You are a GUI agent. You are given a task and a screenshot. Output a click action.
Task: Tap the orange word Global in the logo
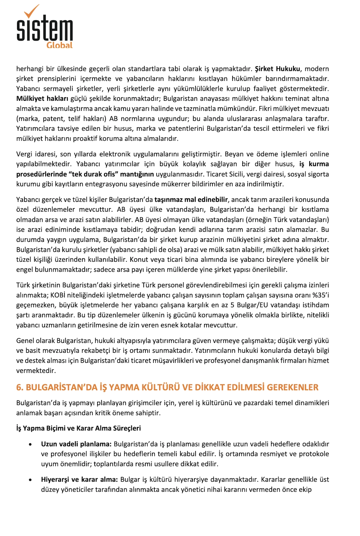point(59,45)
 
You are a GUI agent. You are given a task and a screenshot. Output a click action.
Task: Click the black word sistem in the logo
point(45,29)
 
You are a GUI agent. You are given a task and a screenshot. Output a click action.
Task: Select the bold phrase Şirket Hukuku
point(277,69)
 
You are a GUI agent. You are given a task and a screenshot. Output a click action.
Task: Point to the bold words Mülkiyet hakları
point(42,99)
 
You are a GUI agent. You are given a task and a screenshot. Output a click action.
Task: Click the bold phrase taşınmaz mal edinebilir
point(191,200)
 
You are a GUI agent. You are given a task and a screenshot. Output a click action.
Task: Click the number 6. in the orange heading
point(20,387)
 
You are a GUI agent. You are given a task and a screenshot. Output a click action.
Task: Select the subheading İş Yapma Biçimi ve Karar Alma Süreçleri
point(78,428)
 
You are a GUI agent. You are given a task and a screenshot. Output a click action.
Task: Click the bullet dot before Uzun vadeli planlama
point(31,445)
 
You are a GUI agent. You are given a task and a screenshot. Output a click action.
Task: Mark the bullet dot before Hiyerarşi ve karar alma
point(31,480)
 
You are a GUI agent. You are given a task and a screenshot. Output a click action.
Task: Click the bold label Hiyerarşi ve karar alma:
point(80,480)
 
